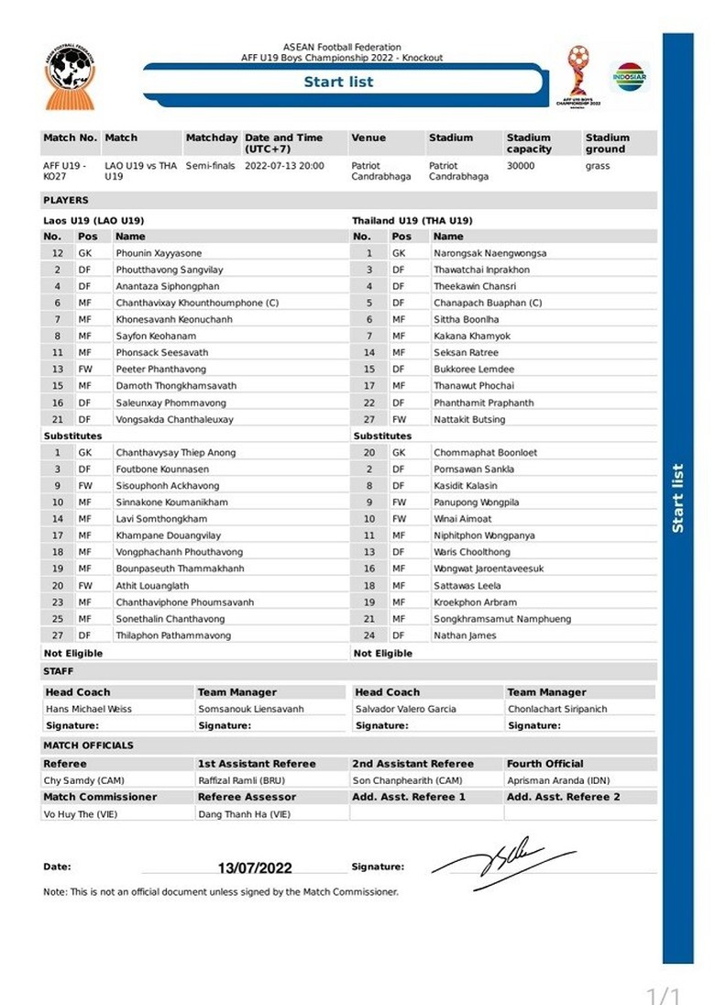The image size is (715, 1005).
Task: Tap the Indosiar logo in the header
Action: [630, 76]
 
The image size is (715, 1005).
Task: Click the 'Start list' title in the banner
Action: [338, 82]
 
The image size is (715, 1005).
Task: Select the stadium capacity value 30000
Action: [521, 166]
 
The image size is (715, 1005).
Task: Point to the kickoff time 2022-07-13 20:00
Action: [284, 166]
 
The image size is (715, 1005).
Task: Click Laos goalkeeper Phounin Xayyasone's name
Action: [159, 253]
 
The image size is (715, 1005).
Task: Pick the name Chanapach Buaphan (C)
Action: [488, 303]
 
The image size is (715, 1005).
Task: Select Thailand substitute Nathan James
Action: [465, 635]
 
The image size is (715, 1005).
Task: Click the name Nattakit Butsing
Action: [469, 419]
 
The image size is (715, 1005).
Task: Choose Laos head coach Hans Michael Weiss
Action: [89, 709]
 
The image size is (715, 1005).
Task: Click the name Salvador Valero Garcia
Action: [405, 709]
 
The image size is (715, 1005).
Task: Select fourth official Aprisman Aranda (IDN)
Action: [557, 780]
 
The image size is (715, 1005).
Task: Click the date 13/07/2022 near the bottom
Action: [255, 867]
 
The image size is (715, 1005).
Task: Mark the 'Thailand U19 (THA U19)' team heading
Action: [412, 221]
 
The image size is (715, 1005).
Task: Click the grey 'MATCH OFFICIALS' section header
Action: [88, 745]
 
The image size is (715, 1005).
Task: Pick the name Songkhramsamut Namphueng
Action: [502, 619]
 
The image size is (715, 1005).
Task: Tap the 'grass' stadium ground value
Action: [598, 166]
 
